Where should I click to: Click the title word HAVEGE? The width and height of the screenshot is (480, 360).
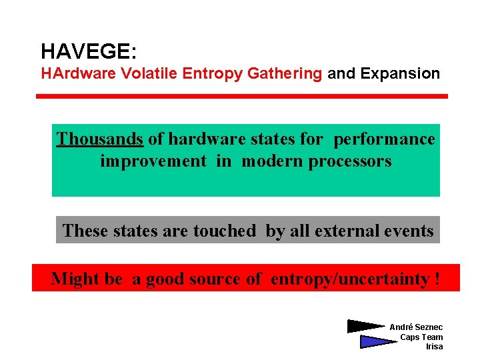[89, 51]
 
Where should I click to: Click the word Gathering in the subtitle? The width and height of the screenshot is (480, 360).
[285, 74]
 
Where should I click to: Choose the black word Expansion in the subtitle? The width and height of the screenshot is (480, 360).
[400, 74]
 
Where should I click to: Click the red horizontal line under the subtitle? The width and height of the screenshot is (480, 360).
[241, 96]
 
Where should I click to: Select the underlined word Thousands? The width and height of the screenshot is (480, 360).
[99, 139]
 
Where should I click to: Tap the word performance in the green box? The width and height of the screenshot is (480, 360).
[384, 139]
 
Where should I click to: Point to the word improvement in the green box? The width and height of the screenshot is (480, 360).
[153, 161]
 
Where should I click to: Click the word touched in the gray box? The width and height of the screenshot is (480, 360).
[225, 231]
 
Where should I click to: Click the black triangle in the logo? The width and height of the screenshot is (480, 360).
[365, 327]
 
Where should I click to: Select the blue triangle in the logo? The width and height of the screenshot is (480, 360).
[377, 342]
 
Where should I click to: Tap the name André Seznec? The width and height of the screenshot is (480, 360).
[416, 327]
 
